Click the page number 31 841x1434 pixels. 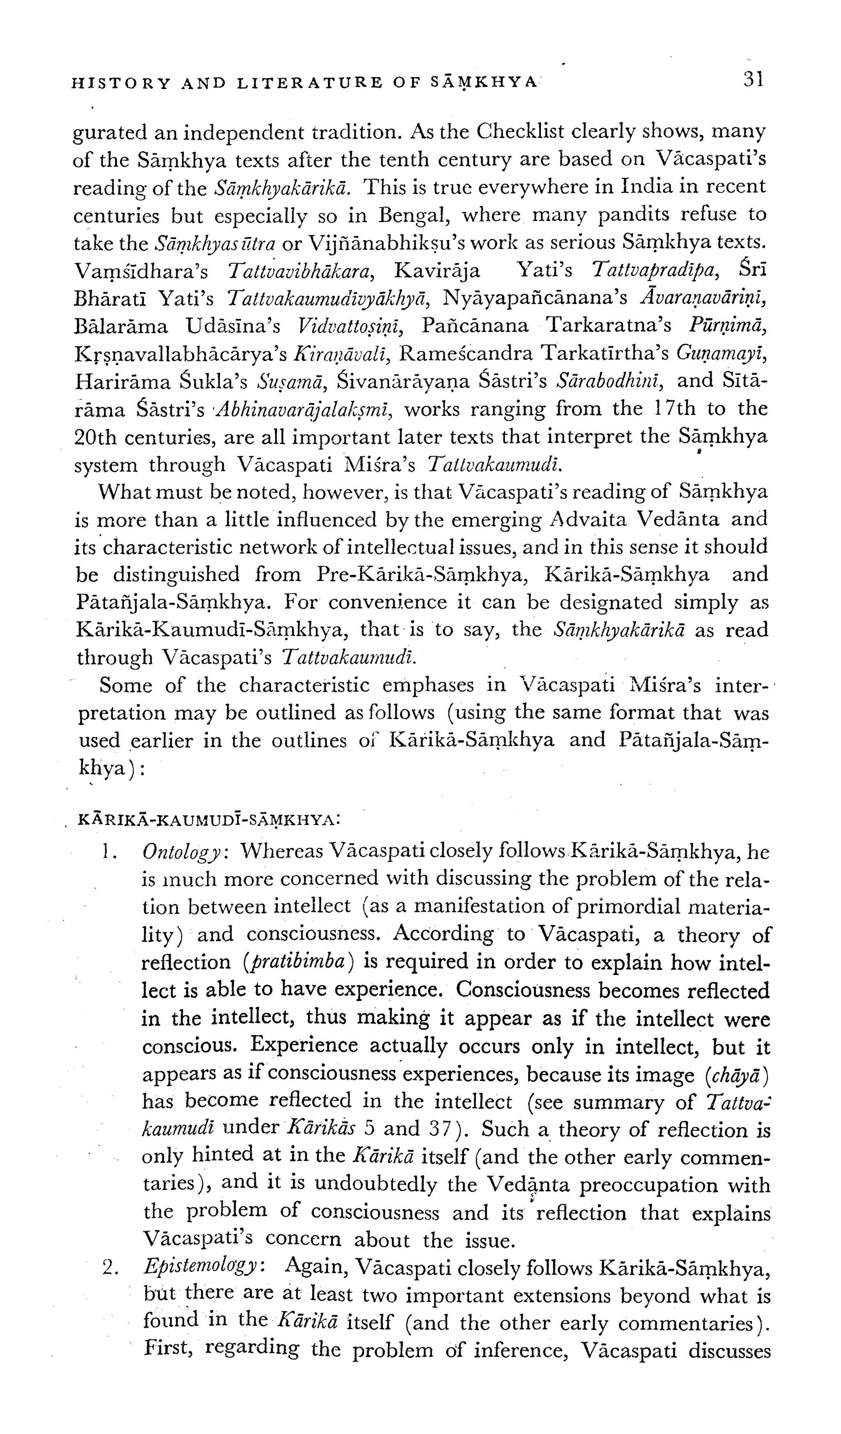[x=752, y=78]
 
